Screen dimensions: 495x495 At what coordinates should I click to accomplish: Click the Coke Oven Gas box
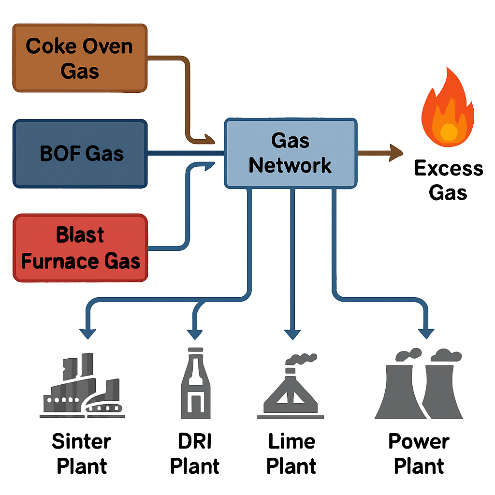80,58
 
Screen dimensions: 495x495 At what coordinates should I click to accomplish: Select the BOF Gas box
80,154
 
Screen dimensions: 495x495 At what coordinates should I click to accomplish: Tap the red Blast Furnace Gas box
80,247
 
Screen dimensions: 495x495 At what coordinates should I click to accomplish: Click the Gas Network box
290,153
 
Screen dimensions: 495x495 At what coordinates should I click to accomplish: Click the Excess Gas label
448,180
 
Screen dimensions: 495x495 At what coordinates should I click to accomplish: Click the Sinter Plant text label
81,453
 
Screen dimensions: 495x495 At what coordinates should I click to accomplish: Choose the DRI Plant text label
195,453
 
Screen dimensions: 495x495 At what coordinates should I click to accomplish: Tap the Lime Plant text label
291,453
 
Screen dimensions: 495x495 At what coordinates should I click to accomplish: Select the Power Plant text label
419,453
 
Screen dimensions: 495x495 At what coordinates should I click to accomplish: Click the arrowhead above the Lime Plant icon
292,334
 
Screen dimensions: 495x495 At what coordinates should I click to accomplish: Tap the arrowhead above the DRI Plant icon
195,334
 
